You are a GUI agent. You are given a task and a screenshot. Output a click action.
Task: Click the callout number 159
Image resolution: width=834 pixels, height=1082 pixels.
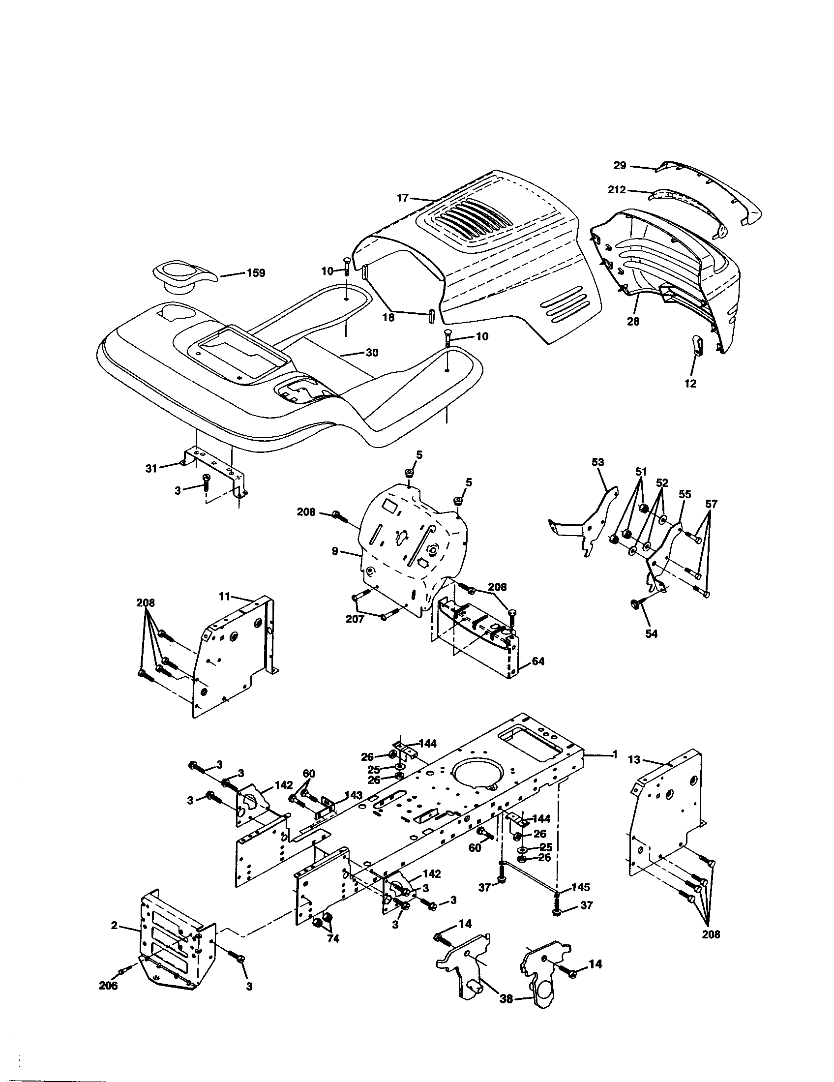pyautogui.click(x=256, y=273)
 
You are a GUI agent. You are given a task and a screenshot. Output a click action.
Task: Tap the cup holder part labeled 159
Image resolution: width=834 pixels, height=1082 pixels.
pyautogui.click(x=182, y=277)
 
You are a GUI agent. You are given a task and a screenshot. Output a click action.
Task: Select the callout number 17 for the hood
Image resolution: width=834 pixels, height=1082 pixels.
pyautogui.click(x=402, y=198)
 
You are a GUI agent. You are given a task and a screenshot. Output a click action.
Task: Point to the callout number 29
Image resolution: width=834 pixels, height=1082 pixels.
pyautogui.click(x=620, y=165)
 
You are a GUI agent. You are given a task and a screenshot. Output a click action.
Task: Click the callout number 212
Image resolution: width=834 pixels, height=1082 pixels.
pyautogui.click(x=617, y=189)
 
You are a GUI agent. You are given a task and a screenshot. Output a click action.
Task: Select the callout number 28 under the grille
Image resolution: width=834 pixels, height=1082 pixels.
pyautogui.click(x=633, y=322)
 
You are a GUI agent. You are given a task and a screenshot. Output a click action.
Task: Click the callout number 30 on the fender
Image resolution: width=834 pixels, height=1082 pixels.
pyautogui.click(x=372, y=353)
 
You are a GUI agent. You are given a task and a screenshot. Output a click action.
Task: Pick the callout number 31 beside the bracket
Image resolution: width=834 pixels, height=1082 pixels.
pyautogui.click(x=151, y=468)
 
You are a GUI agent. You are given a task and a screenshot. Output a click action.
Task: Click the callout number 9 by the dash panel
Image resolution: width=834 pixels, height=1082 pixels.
pyautogui.click(x=335, y=551)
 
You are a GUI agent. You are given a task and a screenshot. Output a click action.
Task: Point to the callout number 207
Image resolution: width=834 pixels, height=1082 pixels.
pyautogui.click(x=355, y=619)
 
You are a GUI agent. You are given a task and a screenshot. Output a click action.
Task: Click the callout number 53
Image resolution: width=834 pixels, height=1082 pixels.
pyautogui.click(x=598, y=462)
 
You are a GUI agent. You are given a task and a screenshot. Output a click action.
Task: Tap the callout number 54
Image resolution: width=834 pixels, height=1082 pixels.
pyautogui.click(x=652, y=633)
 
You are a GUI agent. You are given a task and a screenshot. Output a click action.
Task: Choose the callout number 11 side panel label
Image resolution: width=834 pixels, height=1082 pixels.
pyautogui.click(x=225, y=598)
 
